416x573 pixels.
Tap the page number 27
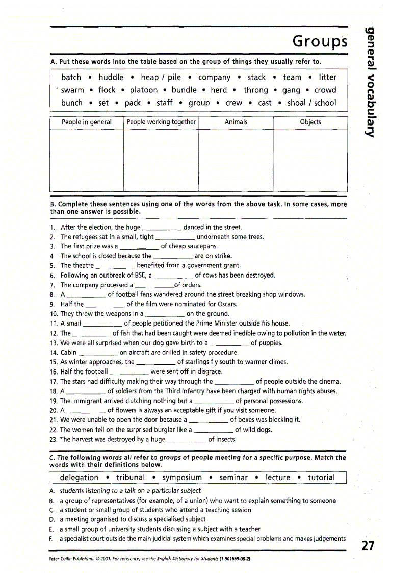(368, 546)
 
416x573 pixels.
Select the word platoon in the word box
(144, 90)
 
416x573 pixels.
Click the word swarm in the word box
(72, 90)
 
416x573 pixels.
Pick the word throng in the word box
(255, 90)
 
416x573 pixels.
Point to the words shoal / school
(311, 103)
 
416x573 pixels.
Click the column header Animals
(236, 122)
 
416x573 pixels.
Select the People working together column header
(161, 122)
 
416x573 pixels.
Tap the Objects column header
(310, 122)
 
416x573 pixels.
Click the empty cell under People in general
(86, 160)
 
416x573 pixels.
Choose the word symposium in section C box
(182, 478)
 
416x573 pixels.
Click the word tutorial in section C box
(321, 478)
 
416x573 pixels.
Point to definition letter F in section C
(51, 539)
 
